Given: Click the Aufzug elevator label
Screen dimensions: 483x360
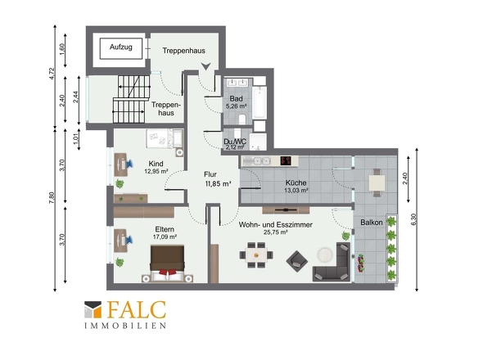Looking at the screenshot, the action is click(121, 47).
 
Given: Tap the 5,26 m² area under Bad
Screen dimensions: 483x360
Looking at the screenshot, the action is click(237, 106).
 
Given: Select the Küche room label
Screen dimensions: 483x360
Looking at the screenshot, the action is click(296, 182).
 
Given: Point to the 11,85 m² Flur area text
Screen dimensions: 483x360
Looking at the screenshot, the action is click(218, 184).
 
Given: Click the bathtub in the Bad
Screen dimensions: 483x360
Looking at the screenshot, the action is click(260, 102).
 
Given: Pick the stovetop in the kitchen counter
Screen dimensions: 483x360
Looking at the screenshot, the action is click(286, 160).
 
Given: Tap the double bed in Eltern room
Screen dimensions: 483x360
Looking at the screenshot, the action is click(167, 263).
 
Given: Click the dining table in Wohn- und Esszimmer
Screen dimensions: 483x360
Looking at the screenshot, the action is click(256, 255).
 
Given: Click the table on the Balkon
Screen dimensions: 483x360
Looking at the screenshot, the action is click(377, 182).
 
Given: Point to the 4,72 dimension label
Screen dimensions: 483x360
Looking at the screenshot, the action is click(52, 74).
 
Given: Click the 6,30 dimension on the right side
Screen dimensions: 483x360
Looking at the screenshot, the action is click(413, 219).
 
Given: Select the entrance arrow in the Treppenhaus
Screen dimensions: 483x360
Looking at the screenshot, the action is click(205, 66).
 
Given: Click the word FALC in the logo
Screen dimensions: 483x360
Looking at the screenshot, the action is click(137, 310).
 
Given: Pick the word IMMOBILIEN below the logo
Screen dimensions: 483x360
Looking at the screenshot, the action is click(125, 326).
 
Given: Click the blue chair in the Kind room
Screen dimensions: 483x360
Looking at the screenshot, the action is click(129, 163).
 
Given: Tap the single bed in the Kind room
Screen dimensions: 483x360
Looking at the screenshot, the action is click(165, 138).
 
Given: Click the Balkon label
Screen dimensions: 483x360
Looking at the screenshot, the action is click(372, 223).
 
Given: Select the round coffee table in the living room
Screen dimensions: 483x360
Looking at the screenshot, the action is click(325, 254).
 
